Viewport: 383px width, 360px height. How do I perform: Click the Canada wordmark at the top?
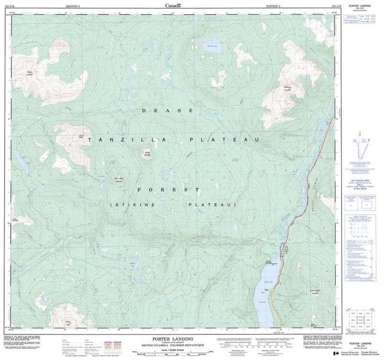173,6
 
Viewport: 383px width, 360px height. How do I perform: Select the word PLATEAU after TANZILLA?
224,139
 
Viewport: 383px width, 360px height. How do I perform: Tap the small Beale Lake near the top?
212,46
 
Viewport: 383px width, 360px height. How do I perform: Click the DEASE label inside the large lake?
268,282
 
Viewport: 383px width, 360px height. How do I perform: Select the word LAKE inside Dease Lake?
262,303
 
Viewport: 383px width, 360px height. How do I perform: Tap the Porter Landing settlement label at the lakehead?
269,262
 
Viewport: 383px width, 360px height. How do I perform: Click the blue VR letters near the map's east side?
235,160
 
